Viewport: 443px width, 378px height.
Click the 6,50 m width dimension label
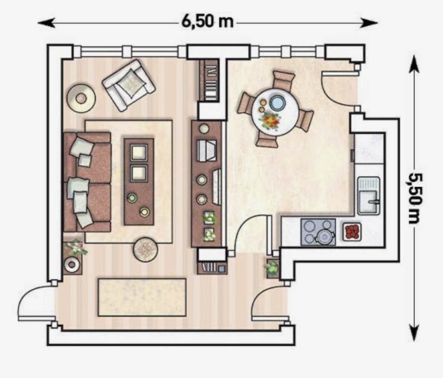click(208, 22)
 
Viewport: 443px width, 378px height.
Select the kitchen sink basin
click(369, 196)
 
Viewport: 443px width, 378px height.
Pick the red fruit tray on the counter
click(352, 232)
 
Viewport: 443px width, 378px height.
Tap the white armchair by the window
click(129, 85)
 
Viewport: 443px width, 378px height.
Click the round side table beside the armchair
click(81, 98)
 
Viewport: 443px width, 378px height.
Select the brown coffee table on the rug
click(139, 182)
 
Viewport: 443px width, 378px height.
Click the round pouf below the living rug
click(145, 249)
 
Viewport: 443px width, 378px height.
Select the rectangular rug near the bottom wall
click(142, 297)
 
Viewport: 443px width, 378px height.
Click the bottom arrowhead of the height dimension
click(414, 333)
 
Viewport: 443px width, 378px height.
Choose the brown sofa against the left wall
click(87, 182)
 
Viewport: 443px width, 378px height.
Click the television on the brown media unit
click(217, 186)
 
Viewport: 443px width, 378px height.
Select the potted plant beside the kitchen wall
click(271, 267)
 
